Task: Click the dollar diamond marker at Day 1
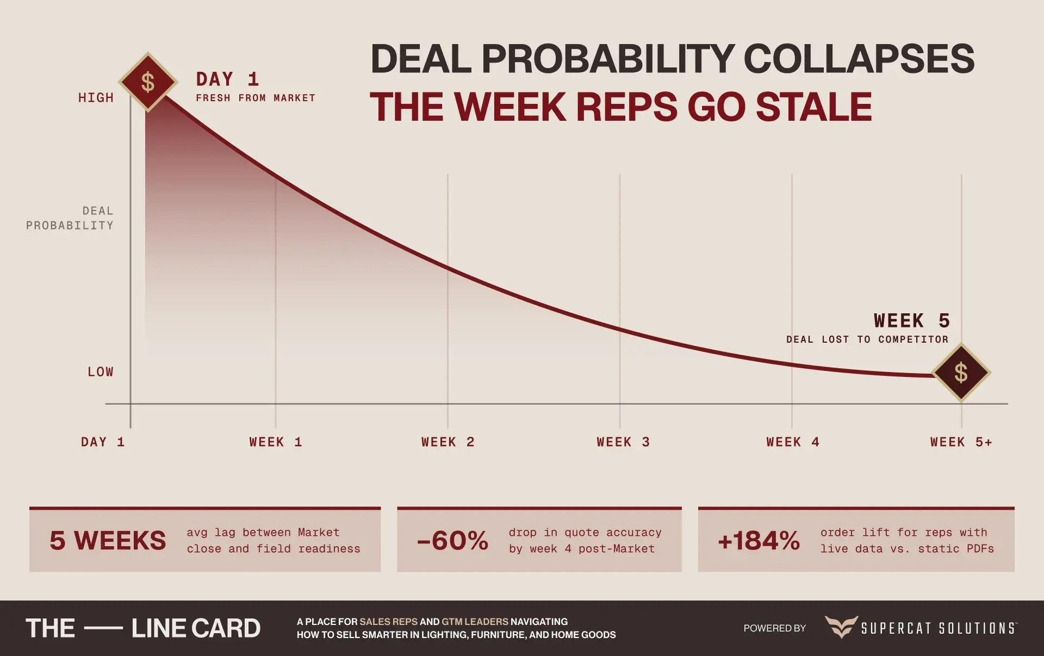coord(148,82)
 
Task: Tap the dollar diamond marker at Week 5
coord(961,373)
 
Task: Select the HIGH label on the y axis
coord(96,98)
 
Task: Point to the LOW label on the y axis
coord(101,372)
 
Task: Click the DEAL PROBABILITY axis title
coord(70,218)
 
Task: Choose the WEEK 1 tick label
coord(276,442)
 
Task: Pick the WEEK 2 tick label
coord(448,442)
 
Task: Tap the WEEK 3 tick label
coord(623,442)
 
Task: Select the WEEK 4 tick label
coord(793,442)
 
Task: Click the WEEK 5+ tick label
coord(961,442)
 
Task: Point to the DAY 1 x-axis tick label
coord(103,442)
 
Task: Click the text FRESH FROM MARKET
coord(256,98)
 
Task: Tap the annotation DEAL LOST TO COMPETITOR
coord(867,339)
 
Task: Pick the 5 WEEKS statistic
coord(108,541)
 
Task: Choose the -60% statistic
coord(452,541)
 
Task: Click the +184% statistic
coord(759,541)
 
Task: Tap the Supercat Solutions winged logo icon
coord(841,627)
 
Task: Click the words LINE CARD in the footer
coord(196,628)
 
